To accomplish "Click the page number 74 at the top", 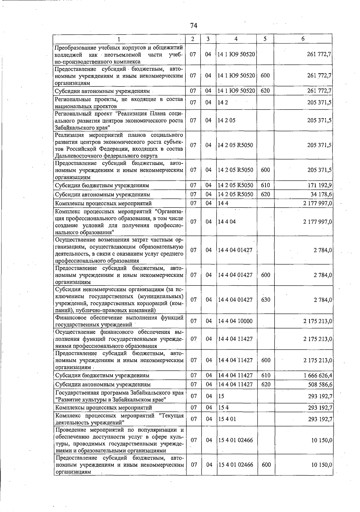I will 193,26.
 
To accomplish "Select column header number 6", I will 303,39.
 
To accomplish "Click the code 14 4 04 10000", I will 235,321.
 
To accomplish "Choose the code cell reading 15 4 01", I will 227,419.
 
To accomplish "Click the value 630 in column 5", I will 265,300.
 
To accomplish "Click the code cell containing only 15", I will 221,396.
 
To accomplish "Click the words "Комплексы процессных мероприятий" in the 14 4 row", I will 103,204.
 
